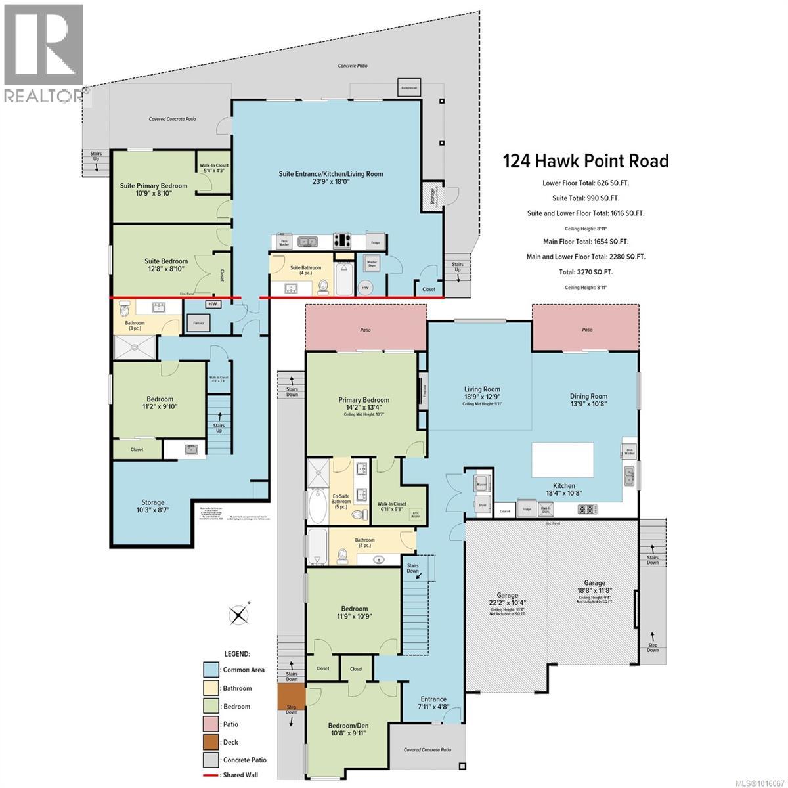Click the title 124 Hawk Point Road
click(586, 161)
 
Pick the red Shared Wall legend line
click(210, 775)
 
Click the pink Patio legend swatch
click(210, 724)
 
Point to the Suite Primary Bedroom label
click(154, 186)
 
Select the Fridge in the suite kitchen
click(375, 242)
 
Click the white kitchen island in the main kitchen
click(563, 460)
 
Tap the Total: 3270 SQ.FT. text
click(585, 272)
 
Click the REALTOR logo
click(43, 53)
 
